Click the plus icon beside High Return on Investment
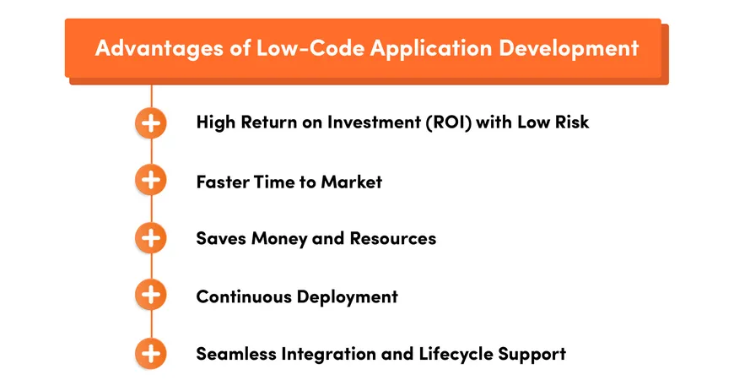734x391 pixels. pyautogui.click(x=151, y=122)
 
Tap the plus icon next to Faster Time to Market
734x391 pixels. pyautogui.click(x=151, y=181)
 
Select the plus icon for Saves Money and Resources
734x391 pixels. pyautogui.click(x=151, y=238)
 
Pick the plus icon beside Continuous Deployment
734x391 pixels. pyautogui.click(x=151, y=296)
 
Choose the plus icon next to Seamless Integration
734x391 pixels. pyautogui.click(x=151, y=353)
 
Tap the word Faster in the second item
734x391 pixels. pyautogui.click(x=222, y=181)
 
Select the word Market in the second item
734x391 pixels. pyautogui.click(x=351, y=181)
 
